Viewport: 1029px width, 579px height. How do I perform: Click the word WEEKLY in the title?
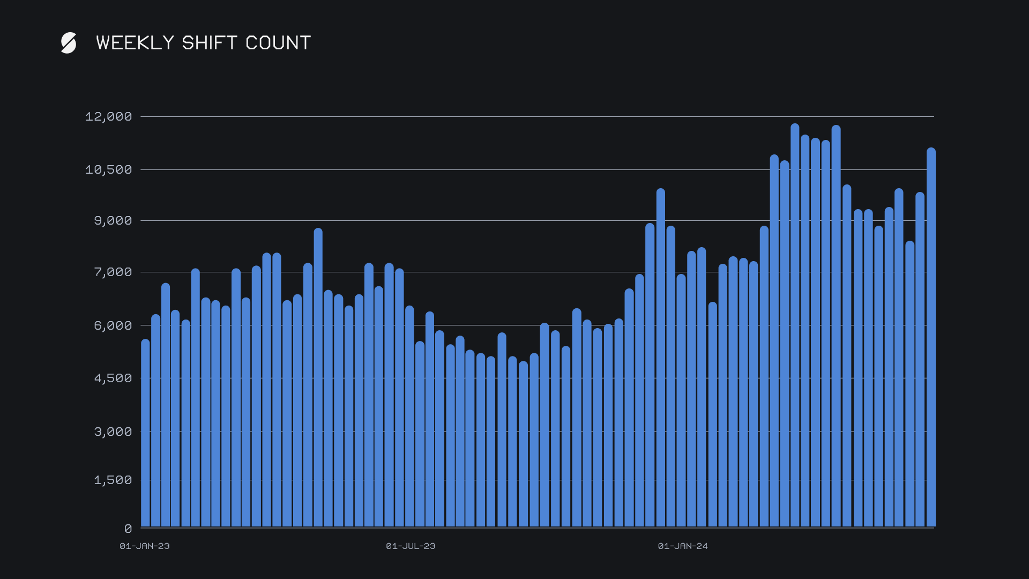(135, 43)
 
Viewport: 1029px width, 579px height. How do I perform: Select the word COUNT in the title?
(278, 43)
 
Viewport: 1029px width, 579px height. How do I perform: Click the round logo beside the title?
(69, 43)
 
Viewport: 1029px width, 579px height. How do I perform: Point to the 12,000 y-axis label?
(108, 116)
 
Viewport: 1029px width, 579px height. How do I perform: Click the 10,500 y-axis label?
(108, 169)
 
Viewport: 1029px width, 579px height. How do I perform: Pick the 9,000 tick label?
(113, 220)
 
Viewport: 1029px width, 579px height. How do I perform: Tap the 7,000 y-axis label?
(113, 272)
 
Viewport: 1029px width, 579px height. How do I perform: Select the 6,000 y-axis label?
(113, 325)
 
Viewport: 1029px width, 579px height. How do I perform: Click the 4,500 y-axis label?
(113, 378)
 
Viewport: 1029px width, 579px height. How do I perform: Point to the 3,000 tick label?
(113, 432)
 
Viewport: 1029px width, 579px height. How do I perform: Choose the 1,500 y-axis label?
(113, 480)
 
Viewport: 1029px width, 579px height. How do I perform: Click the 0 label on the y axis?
(128, 529)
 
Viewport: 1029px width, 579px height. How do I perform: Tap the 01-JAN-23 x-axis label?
(145, 546)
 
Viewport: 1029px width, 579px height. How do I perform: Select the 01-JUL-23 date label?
(411, 546)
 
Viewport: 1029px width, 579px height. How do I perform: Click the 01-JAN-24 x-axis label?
(683, 546)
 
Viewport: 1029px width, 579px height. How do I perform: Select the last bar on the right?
(931, 338)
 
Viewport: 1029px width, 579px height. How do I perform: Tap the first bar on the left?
(145, 434)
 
